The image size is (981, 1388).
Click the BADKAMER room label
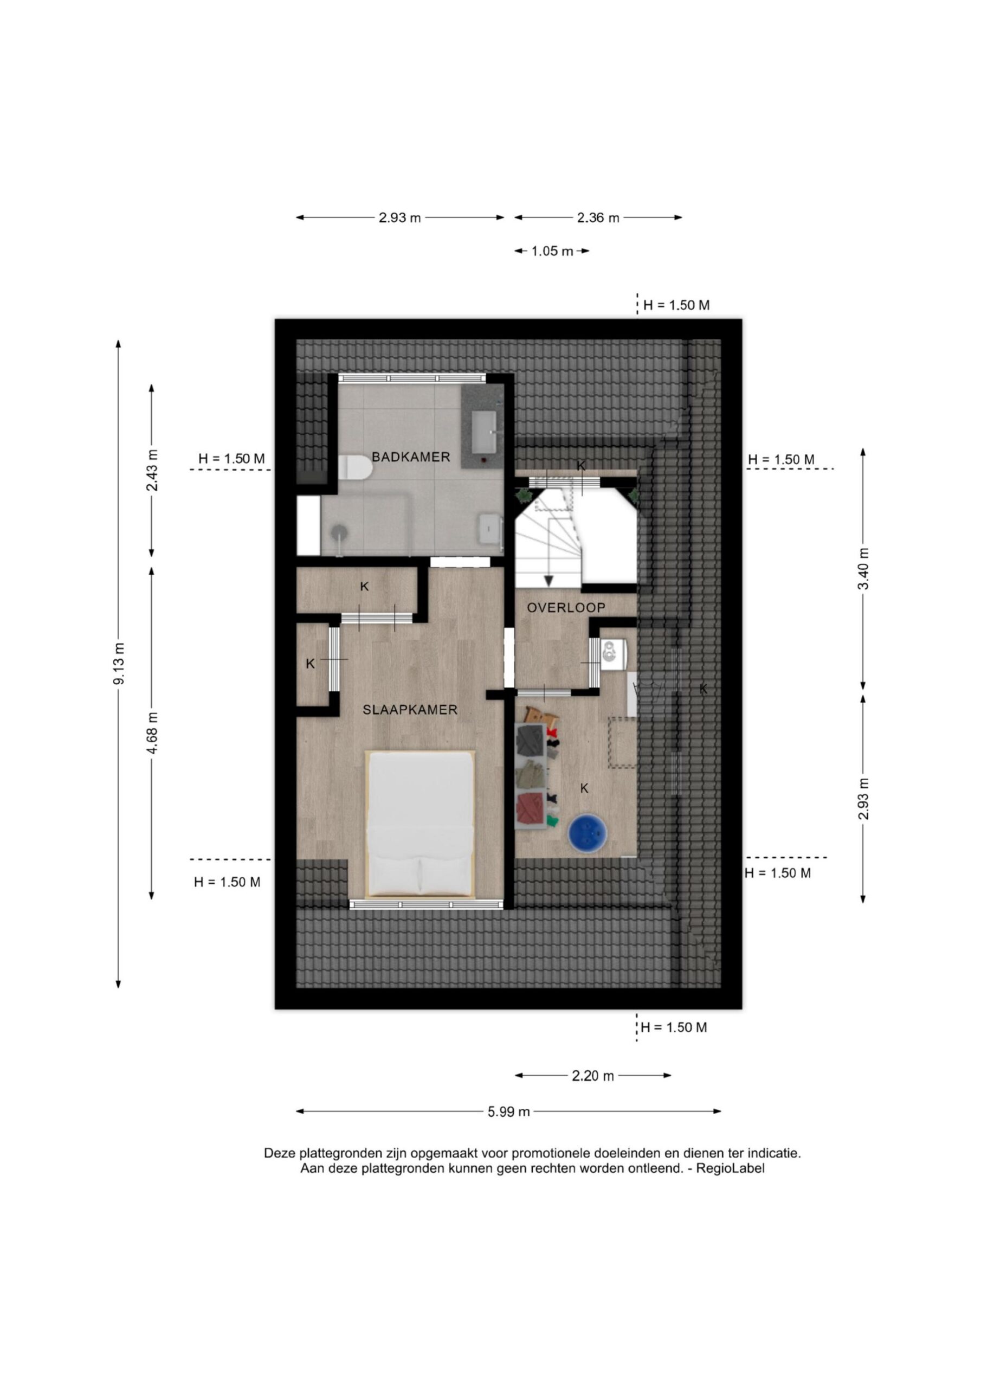pyautogui.click(x=410, y=457)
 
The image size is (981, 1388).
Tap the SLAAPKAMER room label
pyautogui.click(x=410, y=710)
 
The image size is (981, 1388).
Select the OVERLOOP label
pyautogui.click(x=566, y=608)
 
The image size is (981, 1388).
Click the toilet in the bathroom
pyautogui.click(x=355, y=467)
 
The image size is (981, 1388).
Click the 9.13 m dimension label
pyautogui.click(x=119, y=663)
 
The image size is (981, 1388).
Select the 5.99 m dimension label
pyautogui.click(x=508, y=1111)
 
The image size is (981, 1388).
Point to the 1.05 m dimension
pyautogui.click(x=552, y=252)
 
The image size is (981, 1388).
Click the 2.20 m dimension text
pyautogui.click(x=593, y=1076)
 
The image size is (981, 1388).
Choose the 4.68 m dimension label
pyautogui.click(x=152, y=732)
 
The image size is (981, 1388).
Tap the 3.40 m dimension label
pyautogui.click(x=864, y=569)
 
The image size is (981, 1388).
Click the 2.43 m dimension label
pyautogui.click(x=152, y=470)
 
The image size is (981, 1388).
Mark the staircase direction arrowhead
pyautogui.click(x=549, y=581)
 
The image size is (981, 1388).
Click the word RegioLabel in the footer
pyautogui.click(x=730, y=1168)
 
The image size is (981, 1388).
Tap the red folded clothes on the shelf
pyautogui.click(x=531, y=807)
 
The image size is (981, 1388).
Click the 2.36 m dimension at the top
pyautogui.click(x=598, y=217)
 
